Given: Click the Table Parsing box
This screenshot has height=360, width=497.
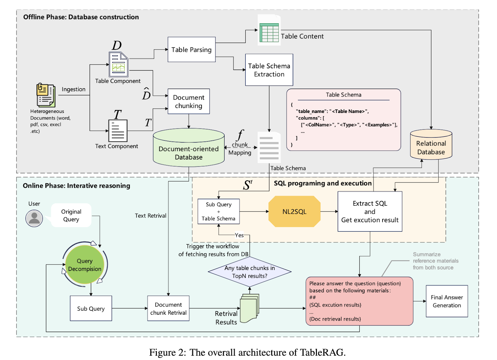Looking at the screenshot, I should tap(191, 50).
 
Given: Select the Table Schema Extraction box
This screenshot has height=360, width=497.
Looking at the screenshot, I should tap(269, 70).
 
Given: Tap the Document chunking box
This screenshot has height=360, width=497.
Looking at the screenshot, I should tap(189, 101).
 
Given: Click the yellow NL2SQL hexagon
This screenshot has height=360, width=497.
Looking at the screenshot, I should tap(294, 212).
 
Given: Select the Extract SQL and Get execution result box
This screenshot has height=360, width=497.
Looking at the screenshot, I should tap(370, 212).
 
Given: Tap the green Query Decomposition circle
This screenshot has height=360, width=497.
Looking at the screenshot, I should tap(85, 265).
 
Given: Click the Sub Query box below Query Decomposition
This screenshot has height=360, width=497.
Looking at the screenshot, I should tap(91, 308).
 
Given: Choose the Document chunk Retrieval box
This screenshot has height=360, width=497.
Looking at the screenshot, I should tap(168, 308).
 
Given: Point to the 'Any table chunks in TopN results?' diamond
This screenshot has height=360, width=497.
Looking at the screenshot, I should tap(250, 272).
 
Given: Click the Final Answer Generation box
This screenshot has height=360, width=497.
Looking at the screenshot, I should tap(447, 301).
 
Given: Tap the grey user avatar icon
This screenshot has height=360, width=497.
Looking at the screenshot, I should tap(34, 218).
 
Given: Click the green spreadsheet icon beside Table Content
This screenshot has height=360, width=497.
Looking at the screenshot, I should tap(269, 31).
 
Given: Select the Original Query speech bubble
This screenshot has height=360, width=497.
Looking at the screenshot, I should tap(71, 215).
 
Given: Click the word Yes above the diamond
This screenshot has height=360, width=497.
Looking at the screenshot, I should tap(239, 235).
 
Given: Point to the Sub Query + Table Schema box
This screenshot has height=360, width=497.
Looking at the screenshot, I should tap(218, 212).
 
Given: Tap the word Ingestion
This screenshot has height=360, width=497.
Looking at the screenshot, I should tap(73, 89).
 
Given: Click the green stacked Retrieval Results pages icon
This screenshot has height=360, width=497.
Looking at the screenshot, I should tap(249, 308).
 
